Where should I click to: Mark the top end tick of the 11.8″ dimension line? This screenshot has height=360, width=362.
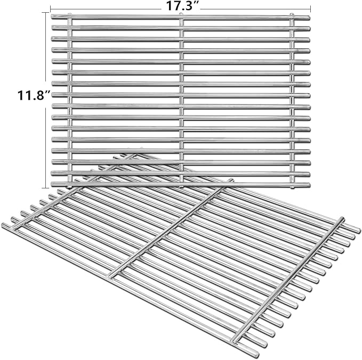coord(45,13)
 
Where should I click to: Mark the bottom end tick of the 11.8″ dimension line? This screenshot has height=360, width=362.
coord(45,188)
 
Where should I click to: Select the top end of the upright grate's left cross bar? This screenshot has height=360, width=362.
coord(70,14)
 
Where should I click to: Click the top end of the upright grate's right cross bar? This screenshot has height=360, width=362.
coord(292,14)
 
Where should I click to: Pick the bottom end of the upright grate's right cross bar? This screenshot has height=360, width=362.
coord(292,188)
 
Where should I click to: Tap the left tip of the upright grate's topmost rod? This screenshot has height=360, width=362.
coord(52,17)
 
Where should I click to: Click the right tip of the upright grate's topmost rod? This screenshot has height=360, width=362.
coord(309,18)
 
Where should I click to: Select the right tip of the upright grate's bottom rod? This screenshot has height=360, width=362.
coord(309,185)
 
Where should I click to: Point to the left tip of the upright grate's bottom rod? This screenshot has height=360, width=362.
coord(52,184)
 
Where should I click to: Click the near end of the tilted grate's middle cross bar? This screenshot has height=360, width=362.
coord(110,276)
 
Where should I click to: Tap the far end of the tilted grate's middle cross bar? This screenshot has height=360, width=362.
coord(231,180)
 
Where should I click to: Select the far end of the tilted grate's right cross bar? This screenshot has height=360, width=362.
coord(342,218)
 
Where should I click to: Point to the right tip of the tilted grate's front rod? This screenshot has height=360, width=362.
coord(257,355)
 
